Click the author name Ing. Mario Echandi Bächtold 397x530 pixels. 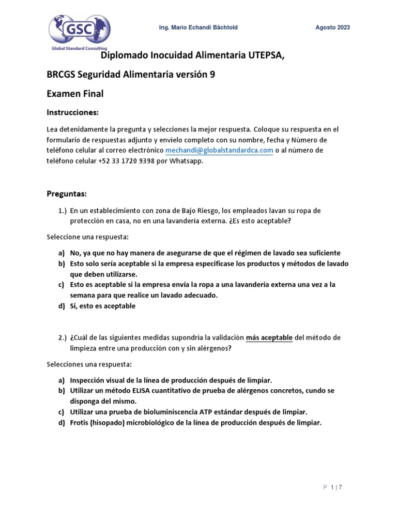coord(197,27)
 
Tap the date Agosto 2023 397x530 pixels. coord(332,27)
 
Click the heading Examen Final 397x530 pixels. coord(75,94)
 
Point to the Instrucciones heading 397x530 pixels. coord(72,112)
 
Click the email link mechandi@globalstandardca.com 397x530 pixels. coord(219,150)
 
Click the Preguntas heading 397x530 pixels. coord(67,194)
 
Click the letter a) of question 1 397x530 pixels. coord(61,253)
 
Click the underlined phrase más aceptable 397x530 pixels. coord(269,337)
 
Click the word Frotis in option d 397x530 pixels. coord(81,422)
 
